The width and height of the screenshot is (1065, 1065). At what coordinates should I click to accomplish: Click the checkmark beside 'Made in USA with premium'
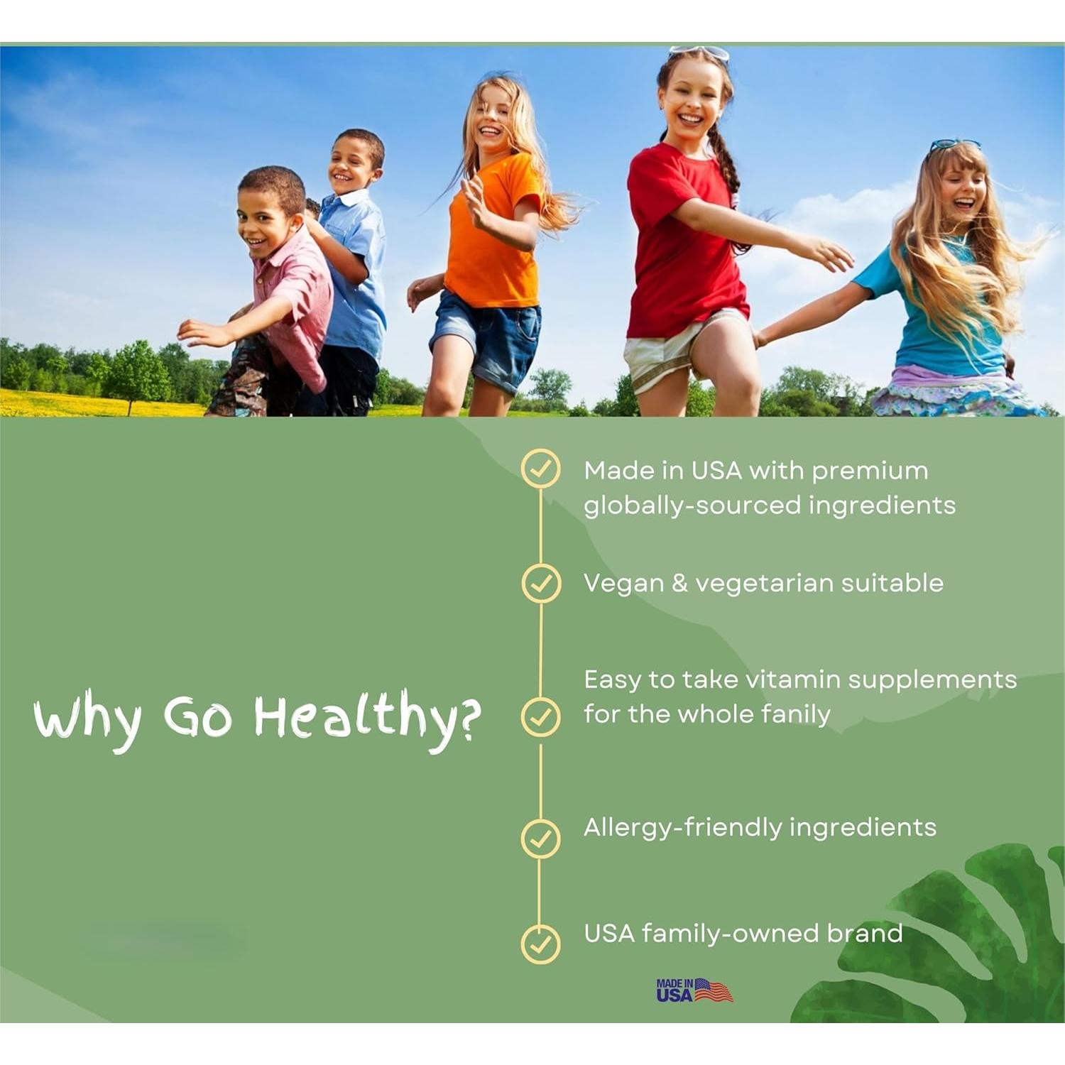point(540,469)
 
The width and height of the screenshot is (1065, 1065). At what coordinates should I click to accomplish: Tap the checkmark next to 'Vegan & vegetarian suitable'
point(541,584)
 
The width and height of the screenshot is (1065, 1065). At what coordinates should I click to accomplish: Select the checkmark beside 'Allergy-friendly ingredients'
point(540,839)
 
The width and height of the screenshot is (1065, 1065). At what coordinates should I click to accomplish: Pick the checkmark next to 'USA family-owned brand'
point(540,944)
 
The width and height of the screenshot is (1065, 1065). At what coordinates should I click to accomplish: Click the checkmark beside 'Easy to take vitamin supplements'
point(540,716)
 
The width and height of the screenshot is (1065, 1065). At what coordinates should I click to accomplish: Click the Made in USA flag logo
point(694,990)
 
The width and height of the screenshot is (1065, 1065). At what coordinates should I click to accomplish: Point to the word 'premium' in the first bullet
point(870,471)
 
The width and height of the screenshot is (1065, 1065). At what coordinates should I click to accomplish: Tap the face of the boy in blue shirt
point(352,167)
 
